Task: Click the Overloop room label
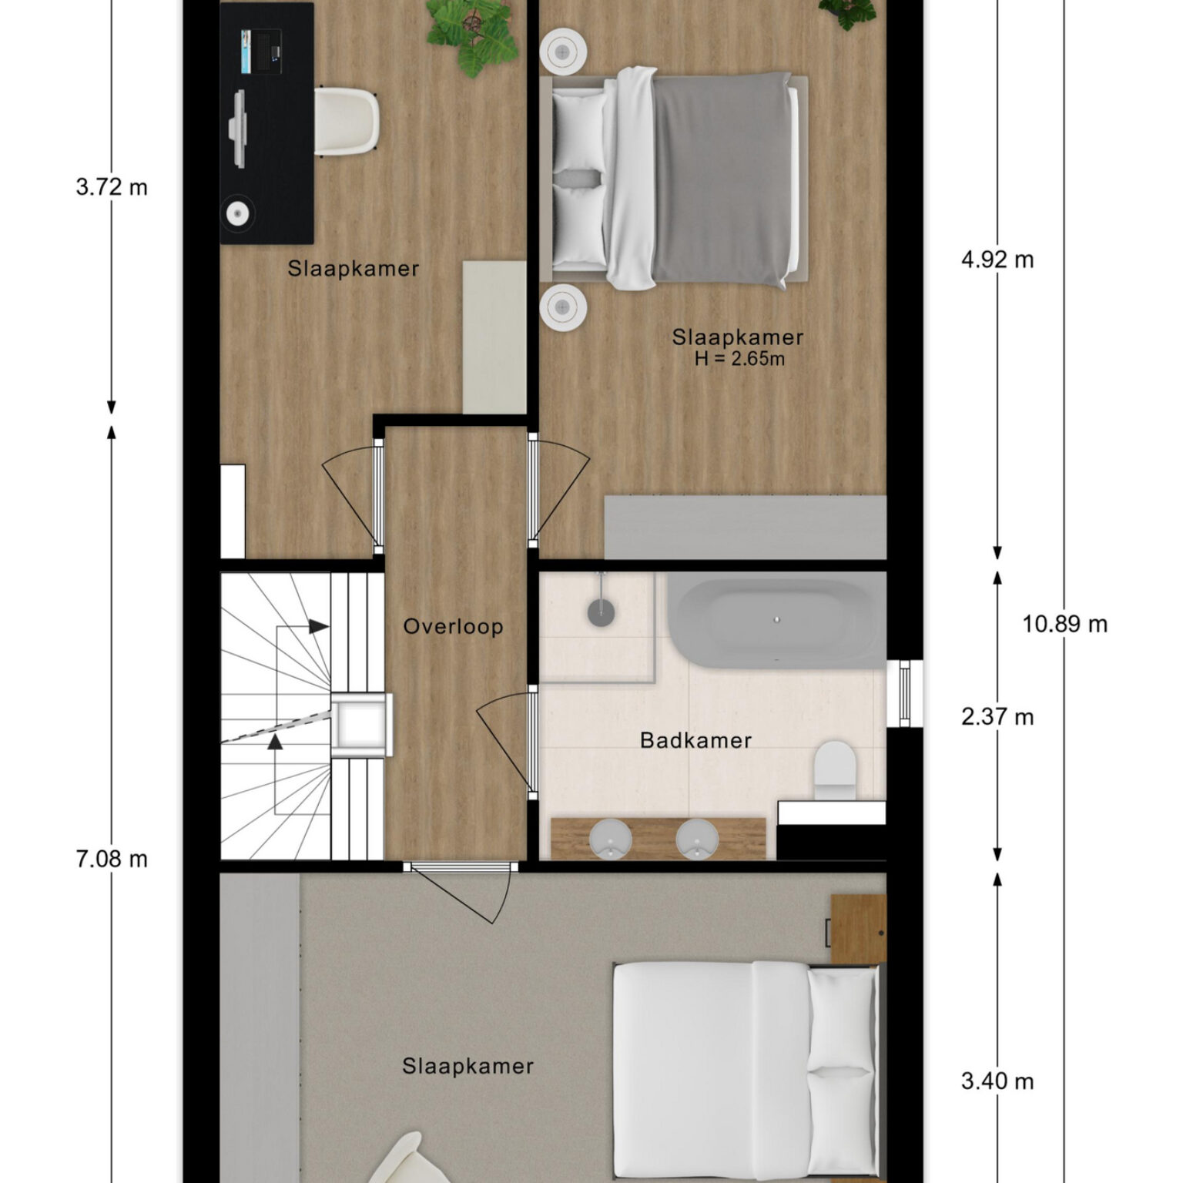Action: tap(453, 626)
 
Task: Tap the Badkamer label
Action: tap(695, 740)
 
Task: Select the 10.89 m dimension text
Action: tap(1064, 623)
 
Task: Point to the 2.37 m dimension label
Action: tap(997, 717)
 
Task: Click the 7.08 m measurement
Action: tap(112, 859)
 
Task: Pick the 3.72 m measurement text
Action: tap(112, 187)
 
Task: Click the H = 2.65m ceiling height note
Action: tap(739, 358)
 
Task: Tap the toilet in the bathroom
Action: tap(835, 770)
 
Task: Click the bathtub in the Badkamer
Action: tap(776, 623)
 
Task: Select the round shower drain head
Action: tap(601, 612)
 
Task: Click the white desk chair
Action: tap(347, 120)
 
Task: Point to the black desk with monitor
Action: tap(266, 123)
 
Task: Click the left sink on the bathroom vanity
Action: tap(610, 838)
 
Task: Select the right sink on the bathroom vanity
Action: tap(697, 838)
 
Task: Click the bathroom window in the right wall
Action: tap(905, 692)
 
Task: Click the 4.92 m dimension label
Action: tap(997, 260)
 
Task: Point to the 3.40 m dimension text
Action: tap(997, 1081)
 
